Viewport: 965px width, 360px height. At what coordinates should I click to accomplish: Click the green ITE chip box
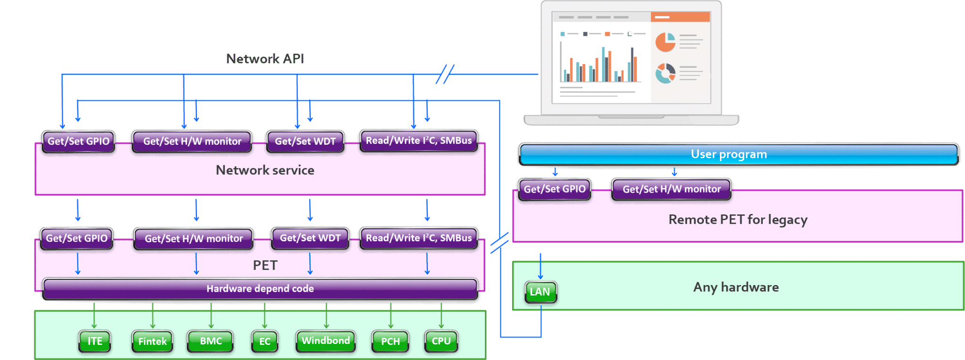click(95, 341)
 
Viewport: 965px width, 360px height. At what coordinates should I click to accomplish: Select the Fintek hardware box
click(152, 341)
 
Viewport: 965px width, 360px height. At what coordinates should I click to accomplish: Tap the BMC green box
click(211, 341)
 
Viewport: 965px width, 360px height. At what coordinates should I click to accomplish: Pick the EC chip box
click(265, 341)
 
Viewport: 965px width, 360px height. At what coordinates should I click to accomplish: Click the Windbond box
click(326, 341)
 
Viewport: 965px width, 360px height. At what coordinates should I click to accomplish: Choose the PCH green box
click(390, 341)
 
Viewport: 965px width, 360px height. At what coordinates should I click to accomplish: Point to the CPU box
click(441, 341)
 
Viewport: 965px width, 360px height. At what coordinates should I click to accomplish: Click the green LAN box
click(540, 292)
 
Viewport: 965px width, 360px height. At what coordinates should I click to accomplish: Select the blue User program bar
click(738, 155)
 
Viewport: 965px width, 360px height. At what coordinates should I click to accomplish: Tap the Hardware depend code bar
click(260, 288)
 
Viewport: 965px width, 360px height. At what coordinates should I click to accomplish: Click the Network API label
click(265, 59)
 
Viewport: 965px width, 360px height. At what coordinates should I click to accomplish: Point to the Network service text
click(265, 170)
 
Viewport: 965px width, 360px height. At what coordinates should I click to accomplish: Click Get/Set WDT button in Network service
click(305, 141)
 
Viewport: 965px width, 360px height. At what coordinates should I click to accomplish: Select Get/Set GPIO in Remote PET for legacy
click(555, 189)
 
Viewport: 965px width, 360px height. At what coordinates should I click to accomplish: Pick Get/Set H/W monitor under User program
click(671, 189)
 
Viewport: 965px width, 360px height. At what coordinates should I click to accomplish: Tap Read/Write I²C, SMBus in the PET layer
click(419, 238)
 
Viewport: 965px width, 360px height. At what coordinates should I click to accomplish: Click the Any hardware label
click(736, 287)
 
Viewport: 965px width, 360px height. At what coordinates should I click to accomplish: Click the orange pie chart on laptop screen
click(665, 42)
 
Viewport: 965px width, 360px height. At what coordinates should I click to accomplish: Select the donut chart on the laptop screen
click(665, 74)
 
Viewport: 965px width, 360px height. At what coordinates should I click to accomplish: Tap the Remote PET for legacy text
click(738, 220)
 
